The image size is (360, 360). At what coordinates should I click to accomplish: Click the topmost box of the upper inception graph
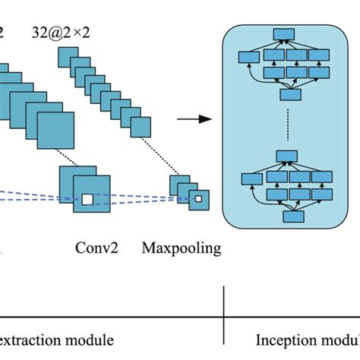[x=284, y=33]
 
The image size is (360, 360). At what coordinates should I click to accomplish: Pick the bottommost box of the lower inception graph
[x=292, y=217]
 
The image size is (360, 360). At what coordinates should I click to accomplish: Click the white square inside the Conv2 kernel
[x=87, y=199]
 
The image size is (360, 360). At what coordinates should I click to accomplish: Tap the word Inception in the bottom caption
[x=281, y=339]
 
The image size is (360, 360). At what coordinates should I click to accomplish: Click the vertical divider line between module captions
[x=223, y=315]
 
